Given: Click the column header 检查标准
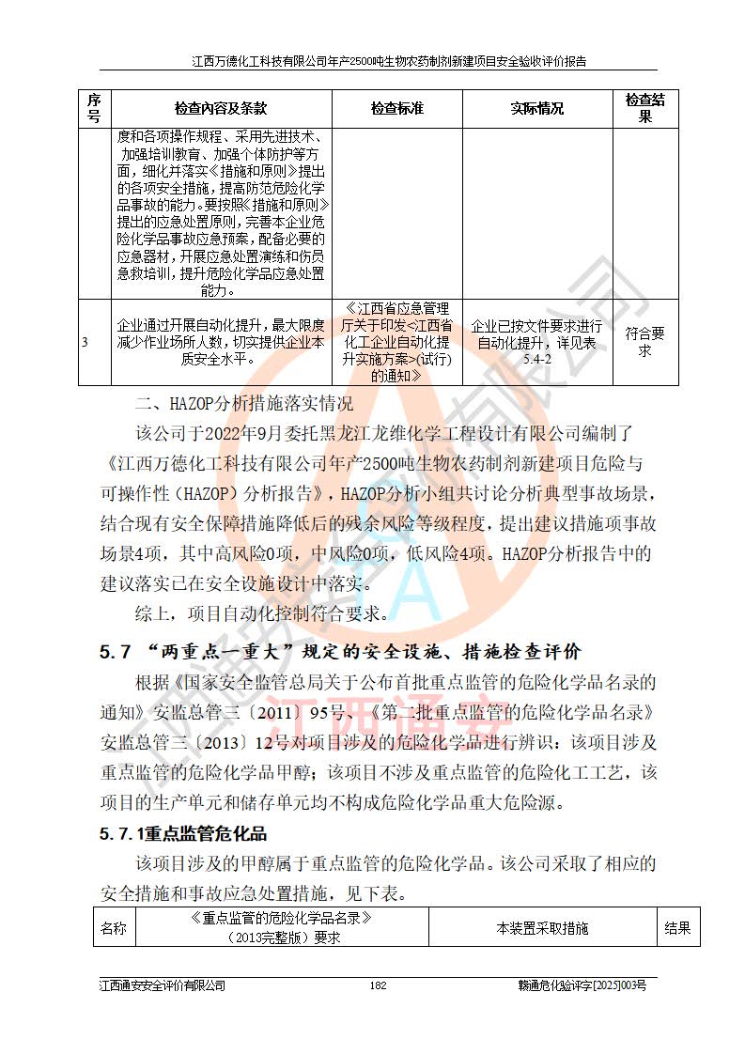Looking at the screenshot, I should (396, 109).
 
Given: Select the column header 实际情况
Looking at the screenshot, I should (536, 109).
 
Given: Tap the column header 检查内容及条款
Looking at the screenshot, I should (221, 109).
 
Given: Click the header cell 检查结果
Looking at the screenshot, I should (644, 109).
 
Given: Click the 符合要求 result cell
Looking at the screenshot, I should (644, 342).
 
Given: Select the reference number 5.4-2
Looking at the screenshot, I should (536, 359).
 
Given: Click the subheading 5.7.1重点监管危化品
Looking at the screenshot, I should (183, 833).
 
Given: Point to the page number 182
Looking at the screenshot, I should (379, 985).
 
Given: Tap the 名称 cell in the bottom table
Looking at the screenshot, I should (114, 928).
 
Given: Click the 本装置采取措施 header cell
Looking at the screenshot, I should (542, 928).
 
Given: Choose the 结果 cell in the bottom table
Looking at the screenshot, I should (677, 928).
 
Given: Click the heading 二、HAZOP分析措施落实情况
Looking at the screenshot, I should (244, 406).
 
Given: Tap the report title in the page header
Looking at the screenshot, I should (389, 62).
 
